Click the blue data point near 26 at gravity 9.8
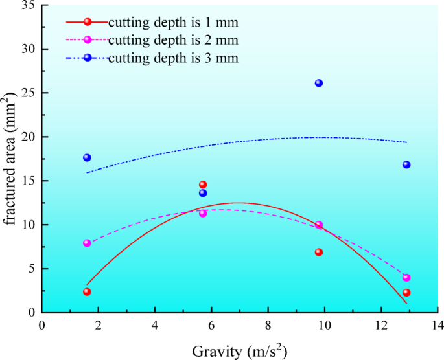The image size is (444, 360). coord(318,83)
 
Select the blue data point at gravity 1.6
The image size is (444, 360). coord(87,157)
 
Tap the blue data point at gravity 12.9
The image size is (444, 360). coord(406,164)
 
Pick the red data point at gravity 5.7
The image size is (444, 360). coord(203,185)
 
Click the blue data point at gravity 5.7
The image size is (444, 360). coord(203,193)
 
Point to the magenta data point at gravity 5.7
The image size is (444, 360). coord(203,213)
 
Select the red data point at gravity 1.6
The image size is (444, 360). coord(87,291)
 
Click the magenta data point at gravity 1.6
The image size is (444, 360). coord(87,243)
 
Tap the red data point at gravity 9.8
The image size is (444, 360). coord(318,252)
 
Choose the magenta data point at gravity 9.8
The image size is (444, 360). coord(318,225)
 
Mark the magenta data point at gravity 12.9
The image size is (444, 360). coord(406,277)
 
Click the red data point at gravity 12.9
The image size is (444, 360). coord(406,292)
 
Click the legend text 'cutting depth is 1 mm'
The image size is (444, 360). coord(173,23)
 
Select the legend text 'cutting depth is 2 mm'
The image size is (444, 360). coord(173,40)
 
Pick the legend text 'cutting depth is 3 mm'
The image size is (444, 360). coord(173,58)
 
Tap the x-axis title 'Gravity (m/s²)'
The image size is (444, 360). coord(240,351)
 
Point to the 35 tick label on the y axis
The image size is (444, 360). coord(28,5)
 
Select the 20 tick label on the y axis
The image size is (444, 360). coord(28,137)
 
